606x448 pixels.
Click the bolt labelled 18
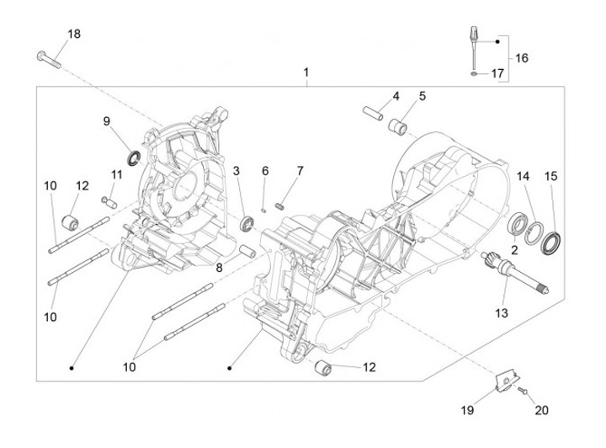click(49, 60)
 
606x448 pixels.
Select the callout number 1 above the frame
click(306, 72)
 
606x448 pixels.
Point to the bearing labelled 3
click(247, 225)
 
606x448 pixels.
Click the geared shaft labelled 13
click(514, 273)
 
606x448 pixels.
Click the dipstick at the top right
click(474, 47)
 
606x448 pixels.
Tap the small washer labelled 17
click(474, 73)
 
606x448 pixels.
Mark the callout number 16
click(521, 58)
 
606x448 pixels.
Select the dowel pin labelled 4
click(373, 113)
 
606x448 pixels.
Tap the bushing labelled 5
click(397, 127)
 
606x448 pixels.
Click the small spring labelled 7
click(281, 206)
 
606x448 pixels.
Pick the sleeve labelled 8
click(247, 251)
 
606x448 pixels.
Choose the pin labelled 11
click(109, 202)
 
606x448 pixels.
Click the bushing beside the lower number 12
click(323, 367)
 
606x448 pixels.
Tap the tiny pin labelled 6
click(263, 211)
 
